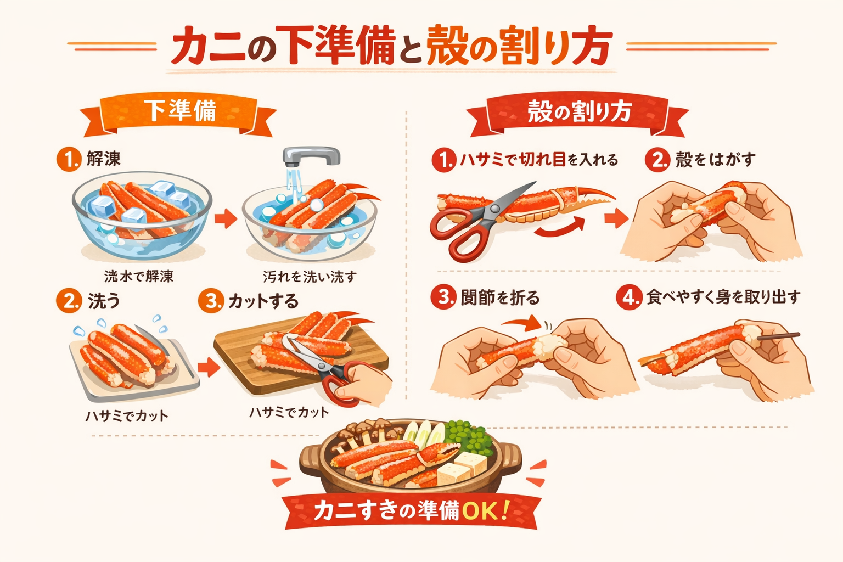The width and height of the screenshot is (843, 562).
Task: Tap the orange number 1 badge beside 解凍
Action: click(x=69, y=159)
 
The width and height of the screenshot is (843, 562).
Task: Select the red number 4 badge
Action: click(x=628, y=297)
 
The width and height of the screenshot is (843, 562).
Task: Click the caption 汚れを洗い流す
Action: click(x=310, y=277)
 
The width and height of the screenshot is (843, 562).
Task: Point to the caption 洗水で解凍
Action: click(x=138, y=277)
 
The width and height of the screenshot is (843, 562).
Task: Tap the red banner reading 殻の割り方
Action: click(x=578, y=113)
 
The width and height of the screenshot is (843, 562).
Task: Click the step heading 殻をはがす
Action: click(x=716, y=160)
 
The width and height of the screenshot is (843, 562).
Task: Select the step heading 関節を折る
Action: click(x=501, y=298)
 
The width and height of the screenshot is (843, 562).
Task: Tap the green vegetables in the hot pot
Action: click(x=470, y=438)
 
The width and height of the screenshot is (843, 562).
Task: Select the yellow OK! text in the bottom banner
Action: click(x=485, y=510)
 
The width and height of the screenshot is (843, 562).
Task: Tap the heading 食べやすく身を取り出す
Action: click(x=723, y=297)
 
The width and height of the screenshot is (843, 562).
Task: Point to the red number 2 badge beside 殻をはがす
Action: click(x=657, y=160)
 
